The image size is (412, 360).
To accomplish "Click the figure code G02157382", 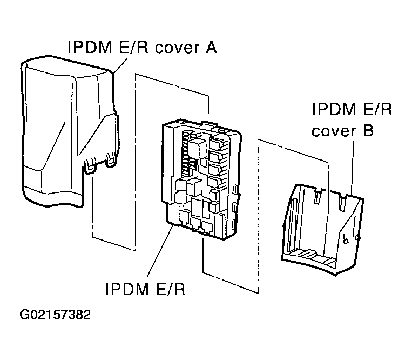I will point(56,315).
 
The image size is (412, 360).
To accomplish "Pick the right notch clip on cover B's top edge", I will point(341,201).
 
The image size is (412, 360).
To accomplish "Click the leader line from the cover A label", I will point(122,64).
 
